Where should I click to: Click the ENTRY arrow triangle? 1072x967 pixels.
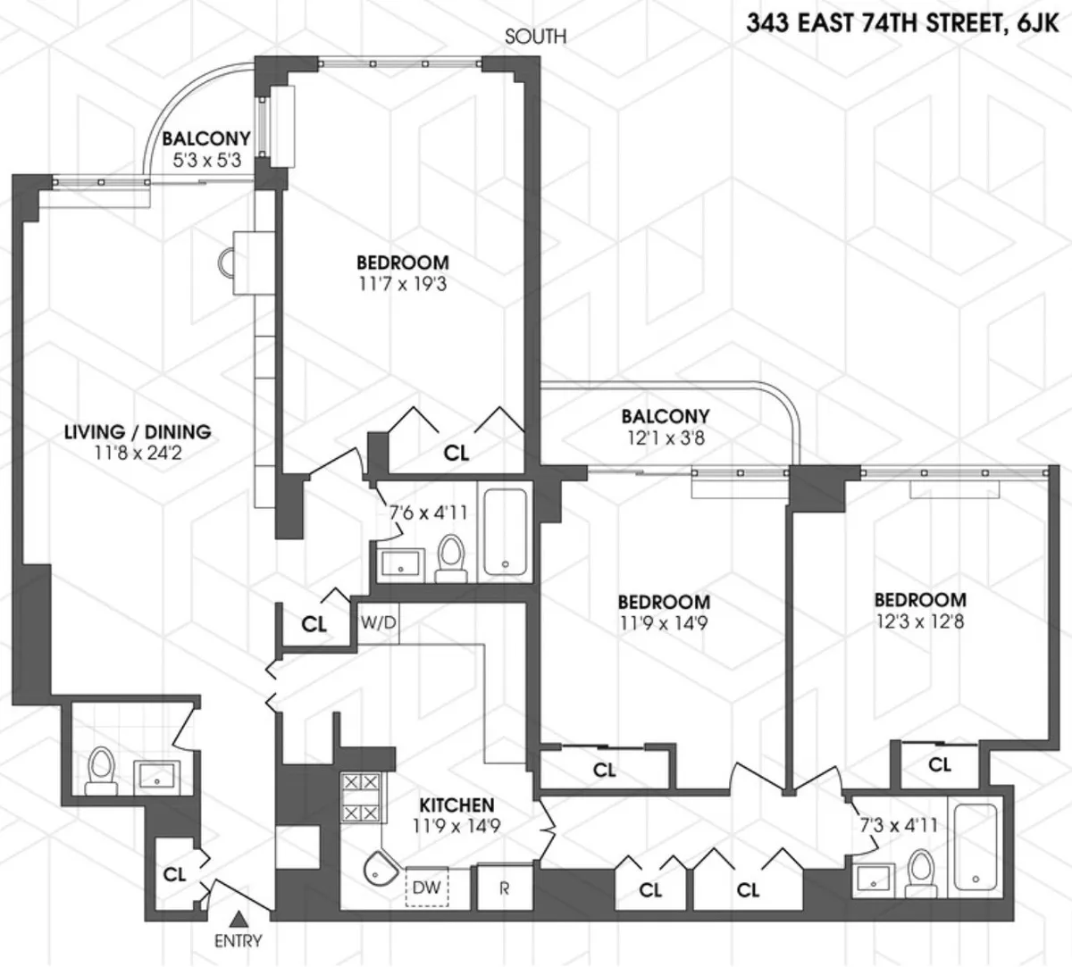(x=238, y=918)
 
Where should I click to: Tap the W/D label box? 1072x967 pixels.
(x=379, y=622)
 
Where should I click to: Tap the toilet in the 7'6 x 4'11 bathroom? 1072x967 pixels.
(x=452, y=557)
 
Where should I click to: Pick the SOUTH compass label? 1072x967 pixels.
(x=535, y=37)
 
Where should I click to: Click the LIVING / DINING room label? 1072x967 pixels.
(x=138, y=432)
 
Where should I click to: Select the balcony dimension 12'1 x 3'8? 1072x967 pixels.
(x=666, y=438)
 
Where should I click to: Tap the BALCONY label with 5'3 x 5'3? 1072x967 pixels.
(x=206, y=139)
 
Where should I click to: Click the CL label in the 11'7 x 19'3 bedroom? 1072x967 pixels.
(x=456, y=453)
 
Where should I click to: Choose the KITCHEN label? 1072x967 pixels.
(x=456, y=804)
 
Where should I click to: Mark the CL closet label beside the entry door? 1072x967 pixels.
(x=175, y=874)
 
